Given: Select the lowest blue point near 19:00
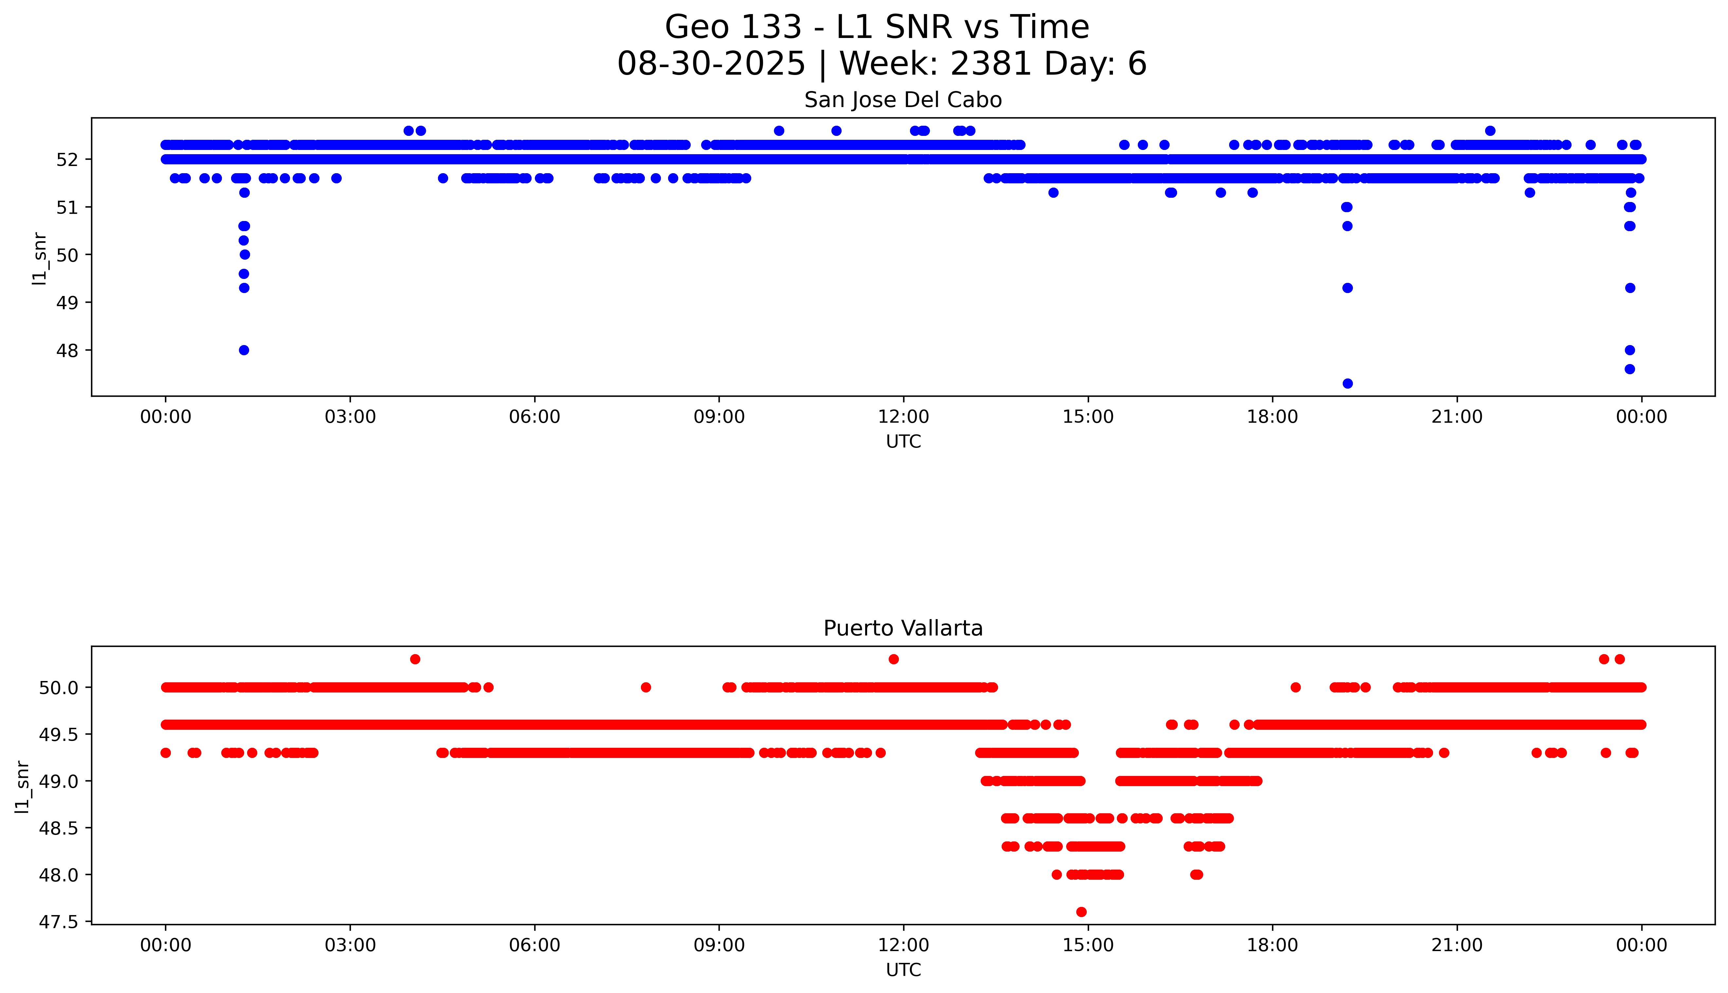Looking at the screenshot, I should coord(1347,383).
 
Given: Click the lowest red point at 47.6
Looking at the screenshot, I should coord(1081,912).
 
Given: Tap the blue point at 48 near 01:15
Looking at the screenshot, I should coord(244,350).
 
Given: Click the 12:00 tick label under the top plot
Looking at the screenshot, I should coord(903,417).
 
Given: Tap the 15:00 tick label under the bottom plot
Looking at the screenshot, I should coord(1088,945).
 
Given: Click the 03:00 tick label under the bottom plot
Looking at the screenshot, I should coord(350,945).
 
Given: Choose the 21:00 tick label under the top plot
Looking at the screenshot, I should coord(1457,417).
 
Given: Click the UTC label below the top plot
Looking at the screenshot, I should coord(903,442).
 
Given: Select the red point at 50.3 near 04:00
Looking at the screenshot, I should coord(415,659).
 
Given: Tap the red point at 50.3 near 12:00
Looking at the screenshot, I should coord(894,659).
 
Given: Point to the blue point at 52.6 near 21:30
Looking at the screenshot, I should coord(1490,131).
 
